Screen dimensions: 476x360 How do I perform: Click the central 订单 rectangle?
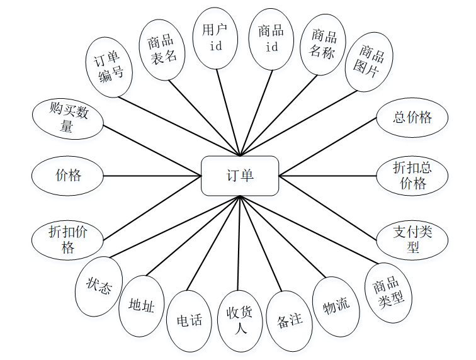coord(239,176)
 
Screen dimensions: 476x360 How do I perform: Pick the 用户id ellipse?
coord(215,38)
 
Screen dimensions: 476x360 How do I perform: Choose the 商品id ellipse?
coord(271,38)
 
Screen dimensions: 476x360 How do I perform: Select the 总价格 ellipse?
coord(412,117)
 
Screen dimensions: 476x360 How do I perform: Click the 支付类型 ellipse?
coord(412,239)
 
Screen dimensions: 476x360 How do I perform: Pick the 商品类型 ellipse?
coord(389,293)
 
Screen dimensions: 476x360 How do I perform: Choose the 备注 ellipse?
coord(290,320)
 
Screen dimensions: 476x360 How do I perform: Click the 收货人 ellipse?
coord(239,321)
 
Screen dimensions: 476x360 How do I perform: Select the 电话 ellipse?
coord(190,320)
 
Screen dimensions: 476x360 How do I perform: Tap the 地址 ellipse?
coord(141,306)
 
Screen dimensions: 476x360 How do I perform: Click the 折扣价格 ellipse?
coord(68,239)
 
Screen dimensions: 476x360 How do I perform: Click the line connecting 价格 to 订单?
coord(151,176)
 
